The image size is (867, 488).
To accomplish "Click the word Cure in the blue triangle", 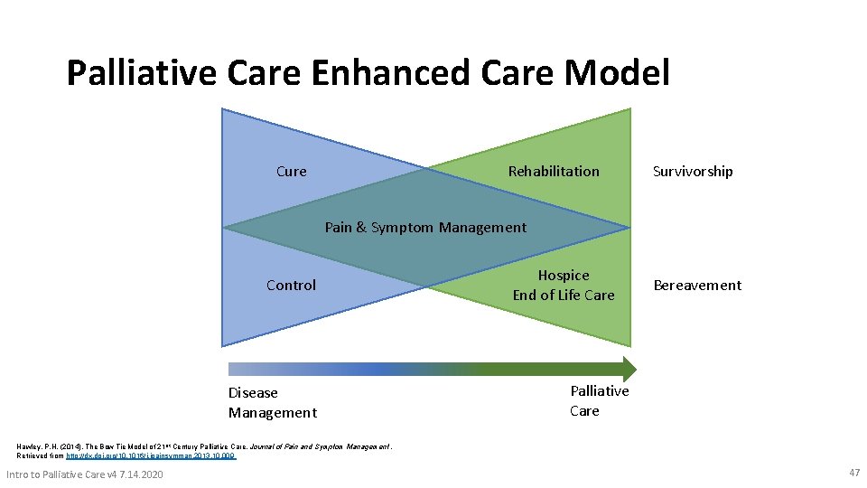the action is (x=291, y=172).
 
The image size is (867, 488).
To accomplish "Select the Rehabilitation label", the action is (x=554, y=172).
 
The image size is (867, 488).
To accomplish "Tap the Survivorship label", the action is (x=693, y=172).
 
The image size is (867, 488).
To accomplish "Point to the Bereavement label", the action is (x=697, y=286).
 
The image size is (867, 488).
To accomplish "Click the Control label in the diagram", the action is (x=291, y=286).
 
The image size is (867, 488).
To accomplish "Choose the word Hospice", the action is (x=564, y=276).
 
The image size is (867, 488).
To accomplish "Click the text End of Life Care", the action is (x=564, y=296).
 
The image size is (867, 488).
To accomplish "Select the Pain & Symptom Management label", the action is (x=425, y=228).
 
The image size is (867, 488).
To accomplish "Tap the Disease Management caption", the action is (x=272, y=403).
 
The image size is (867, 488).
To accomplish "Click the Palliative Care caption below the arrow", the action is (x=599, y=400).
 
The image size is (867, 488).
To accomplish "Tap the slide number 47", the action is (x=854, y=473).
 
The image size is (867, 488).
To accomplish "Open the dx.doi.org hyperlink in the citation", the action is (x=151, y=456).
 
